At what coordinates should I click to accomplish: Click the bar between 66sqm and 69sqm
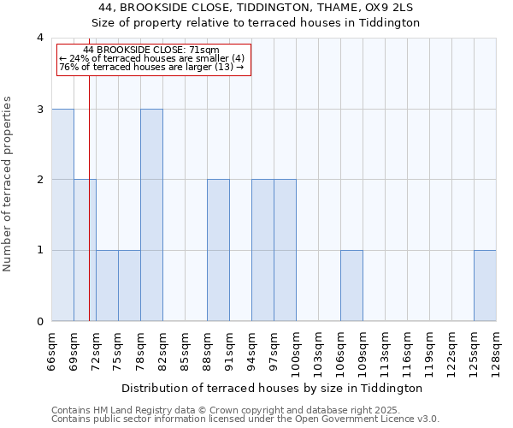click(x=62, y=215)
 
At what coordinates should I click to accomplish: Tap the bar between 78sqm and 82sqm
click(x=151, y=215)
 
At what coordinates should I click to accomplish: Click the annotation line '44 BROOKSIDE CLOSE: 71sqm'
click(x=151, y=51)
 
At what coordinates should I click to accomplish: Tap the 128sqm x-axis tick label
click(x=496, y=348)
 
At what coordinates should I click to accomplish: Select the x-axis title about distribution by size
click(x=278, y=388)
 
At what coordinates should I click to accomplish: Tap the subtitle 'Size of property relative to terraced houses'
click(x=256, y=23)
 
